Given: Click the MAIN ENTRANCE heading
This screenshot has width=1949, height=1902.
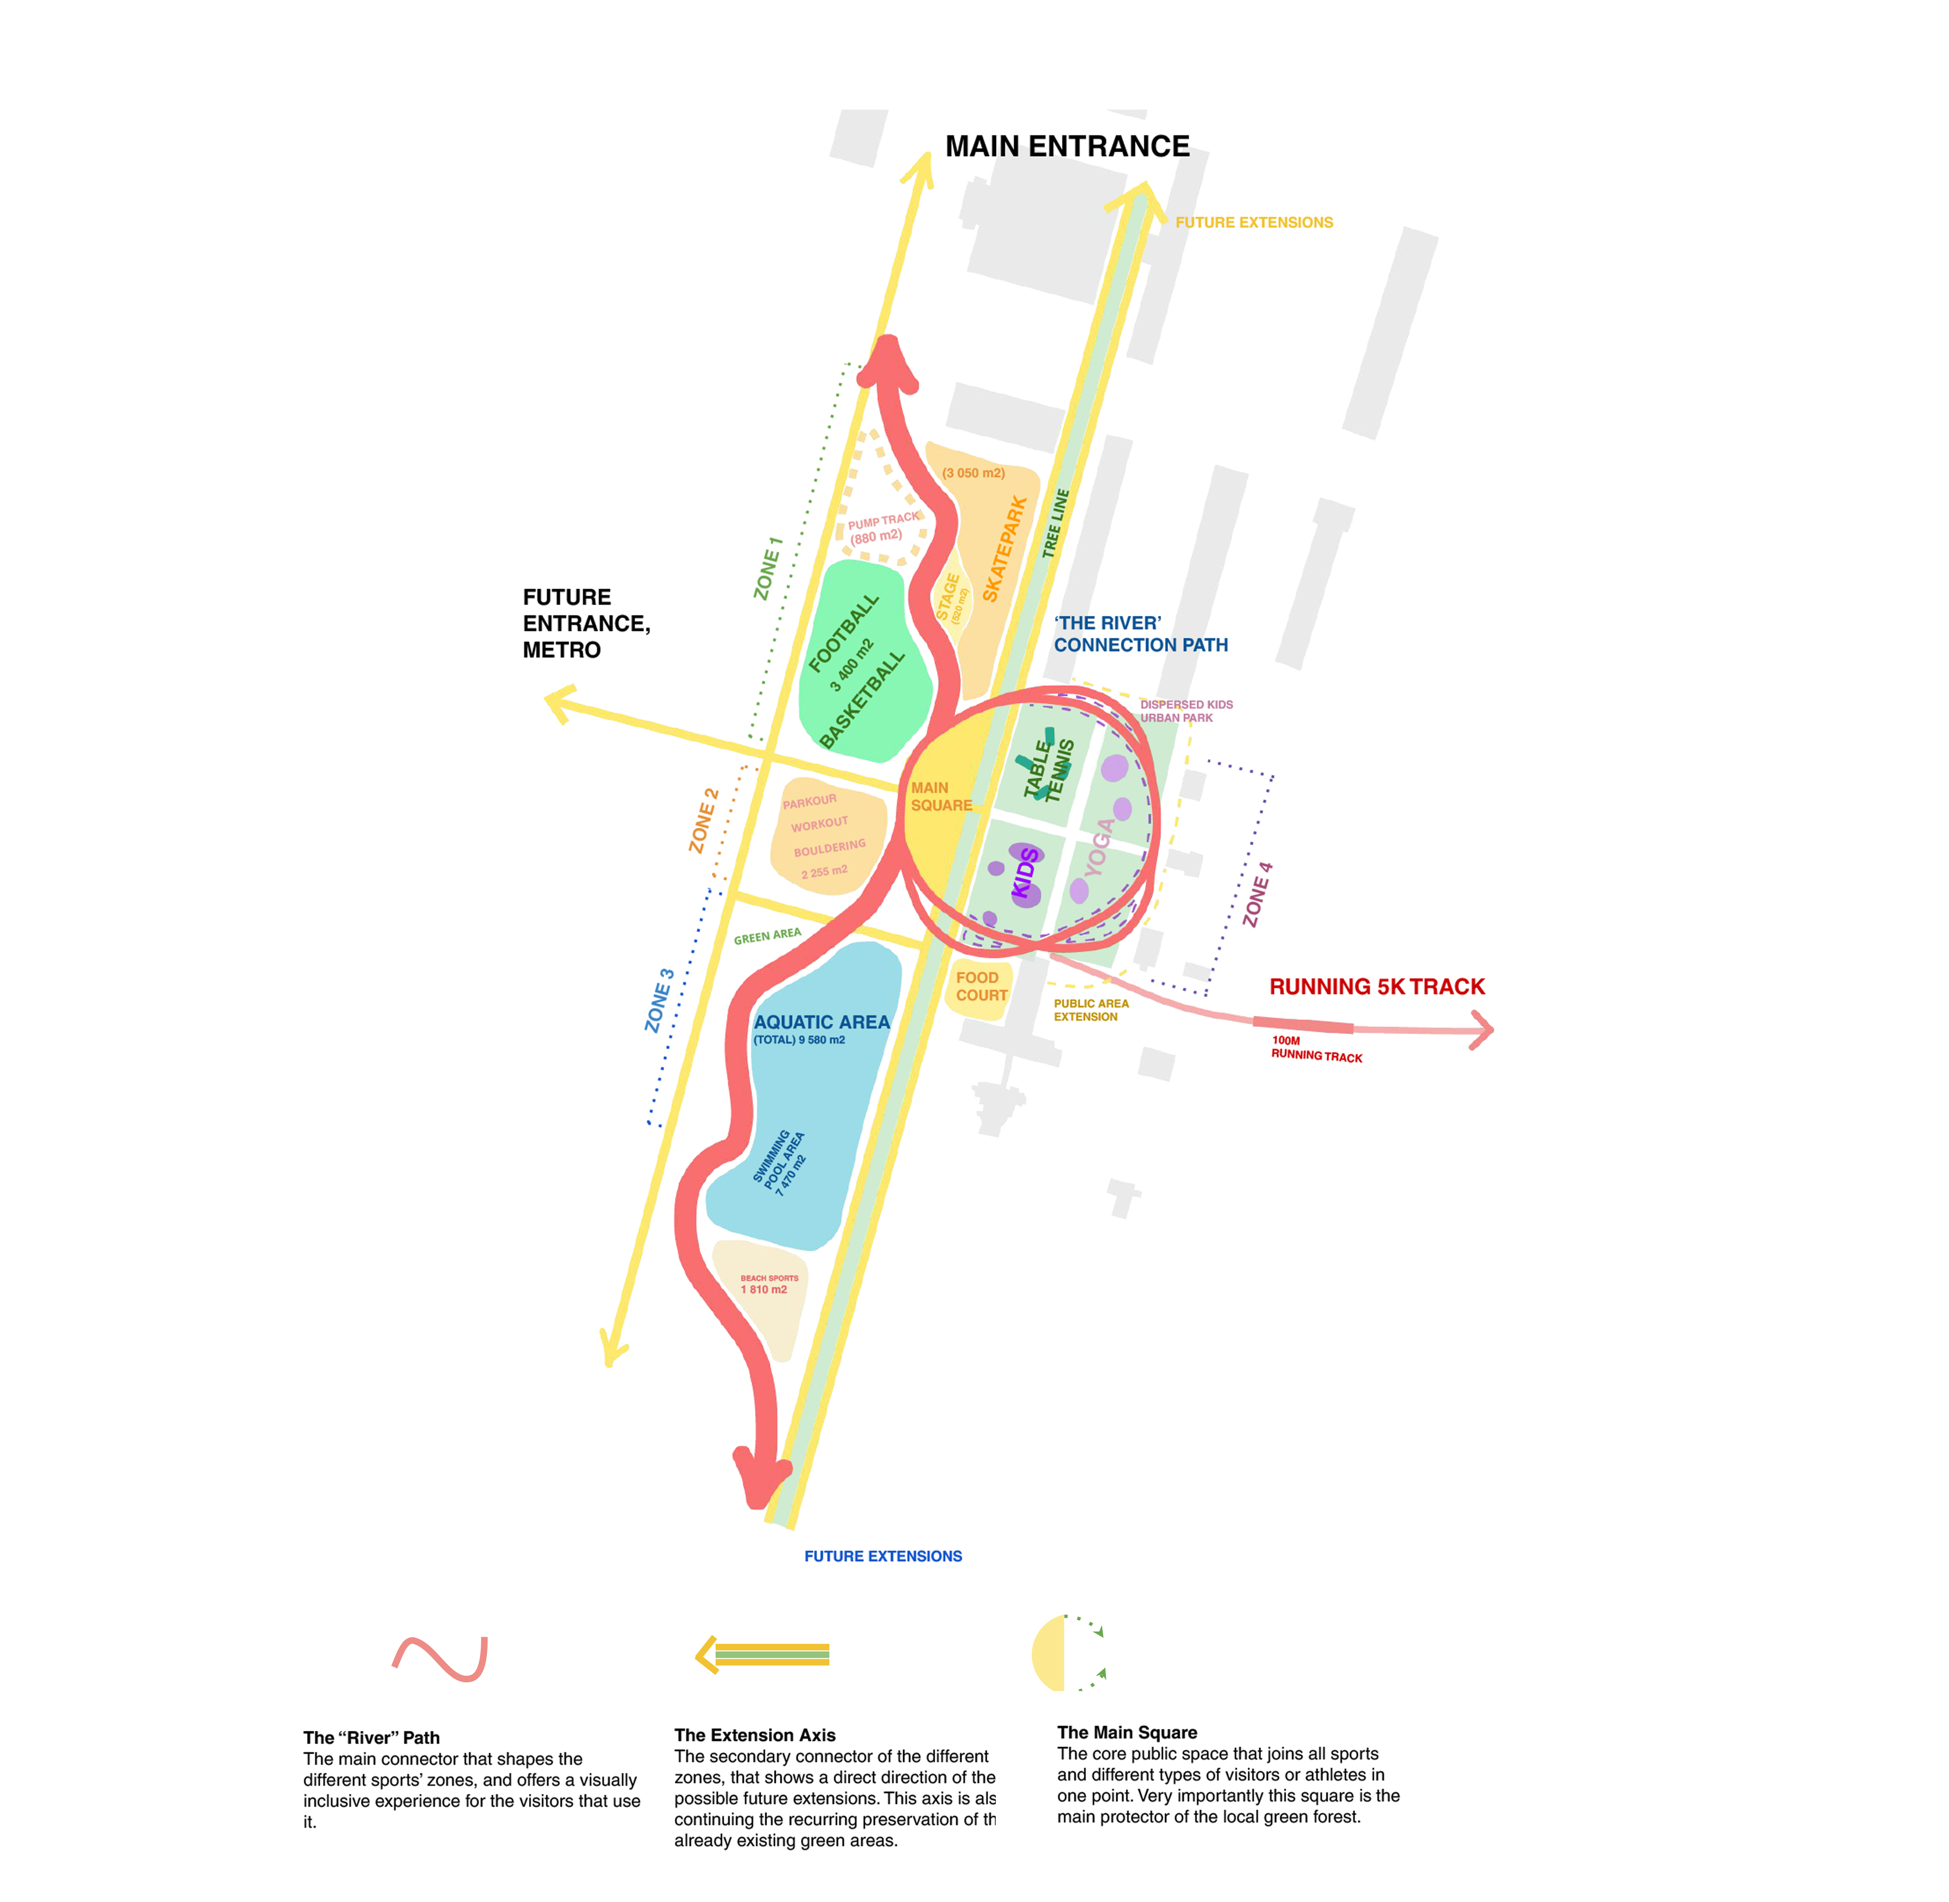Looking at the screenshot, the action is click(x=1067, y=147).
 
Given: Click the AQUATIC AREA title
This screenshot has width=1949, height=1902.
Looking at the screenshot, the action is click(x=821, y=1022).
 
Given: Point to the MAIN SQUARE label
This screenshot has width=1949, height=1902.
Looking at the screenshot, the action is click(x=940, y=796).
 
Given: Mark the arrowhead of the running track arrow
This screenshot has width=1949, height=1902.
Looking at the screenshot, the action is click(x=1484, y=1030).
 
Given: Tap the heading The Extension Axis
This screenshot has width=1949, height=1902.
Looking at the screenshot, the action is click(x=754, y=1735).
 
